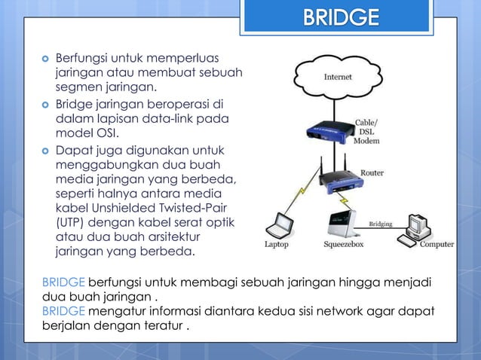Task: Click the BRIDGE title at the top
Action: (x=342, y=17)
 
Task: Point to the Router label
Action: (x=371, y=172)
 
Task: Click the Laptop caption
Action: (x=275, y=244)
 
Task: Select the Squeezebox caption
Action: (x=344, y=244)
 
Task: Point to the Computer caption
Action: (x=437, y=244)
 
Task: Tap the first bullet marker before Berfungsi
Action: (x=45, y=58)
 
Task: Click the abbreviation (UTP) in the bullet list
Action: (x=70, y=223)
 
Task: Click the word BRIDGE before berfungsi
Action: (x=64, y=282)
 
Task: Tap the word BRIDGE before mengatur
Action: (x=64, y=311)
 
